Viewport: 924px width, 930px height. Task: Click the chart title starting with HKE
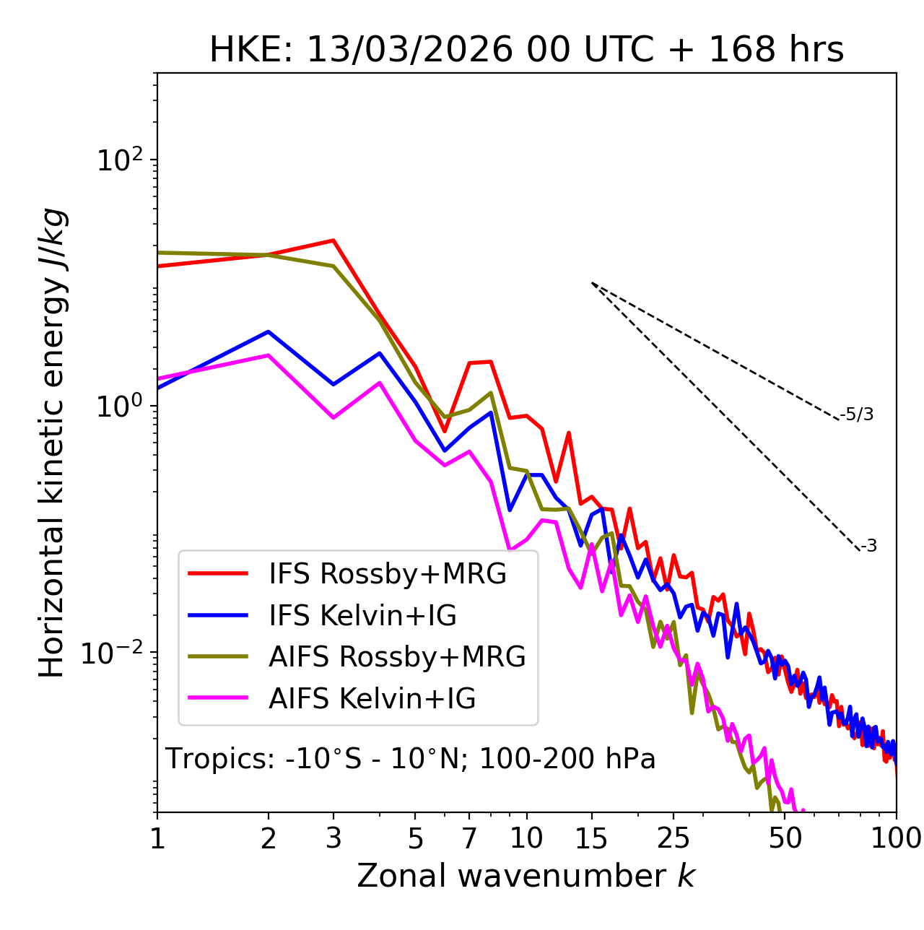point(526,51)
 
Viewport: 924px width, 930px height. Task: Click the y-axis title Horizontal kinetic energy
point(52,443)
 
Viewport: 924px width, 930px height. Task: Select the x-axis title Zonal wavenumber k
point(526,876)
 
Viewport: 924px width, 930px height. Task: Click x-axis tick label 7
point(469,838)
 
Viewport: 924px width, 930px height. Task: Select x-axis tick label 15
point(592,838)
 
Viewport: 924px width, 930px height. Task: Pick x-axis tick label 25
point(673,838)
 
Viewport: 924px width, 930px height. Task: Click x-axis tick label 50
point(785,838)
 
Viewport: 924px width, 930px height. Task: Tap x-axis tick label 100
point(896,838)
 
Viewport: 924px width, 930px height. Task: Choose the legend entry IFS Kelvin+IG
point(362,615)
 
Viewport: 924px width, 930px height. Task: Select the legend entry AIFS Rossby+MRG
point(397,657)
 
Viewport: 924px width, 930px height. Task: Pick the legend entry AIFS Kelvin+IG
point(372,699)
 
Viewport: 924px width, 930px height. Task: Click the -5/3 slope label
point(857,415)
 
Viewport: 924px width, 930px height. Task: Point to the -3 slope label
point(868,547)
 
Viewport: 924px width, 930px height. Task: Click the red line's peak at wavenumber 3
point(333,240)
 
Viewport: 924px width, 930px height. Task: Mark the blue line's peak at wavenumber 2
point(269,332)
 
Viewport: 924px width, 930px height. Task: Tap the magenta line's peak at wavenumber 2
point(269,355)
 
